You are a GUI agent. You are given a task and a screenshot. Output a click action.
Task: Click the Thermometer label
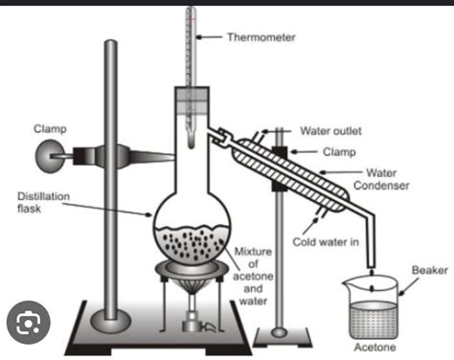pyautogui.click(x=261, y=38)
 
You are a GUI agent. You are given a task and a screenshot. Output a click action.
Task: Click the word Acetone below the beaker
pyautogui.click(x=374, y=348)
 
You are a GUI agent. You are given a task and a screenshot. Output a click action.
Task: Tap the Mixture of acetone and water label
pyautogui.click(x=255, y=278)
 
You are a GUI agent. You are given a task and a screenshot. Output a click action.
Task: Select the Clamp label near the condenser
pyautogui.click(x=334, y=151)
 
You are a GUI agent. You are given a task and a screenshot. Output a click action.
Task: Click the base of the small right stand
pyautogui.click(x=281, y=332)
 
